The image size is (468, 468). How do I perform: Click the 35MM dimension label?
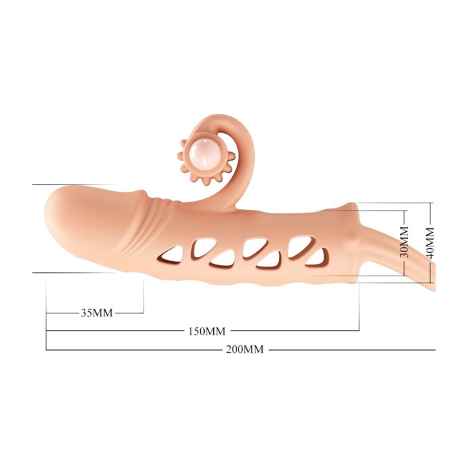coord(97,313)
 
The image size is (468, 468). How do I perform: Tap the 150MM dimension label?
coord(207,331)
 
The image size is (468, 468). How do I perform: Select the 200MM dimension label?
coord(245,349)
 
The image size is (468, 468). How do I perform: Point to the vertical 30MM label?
coord(404,242)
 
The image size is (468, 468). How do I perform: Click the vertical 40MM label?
coord(430,242)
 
